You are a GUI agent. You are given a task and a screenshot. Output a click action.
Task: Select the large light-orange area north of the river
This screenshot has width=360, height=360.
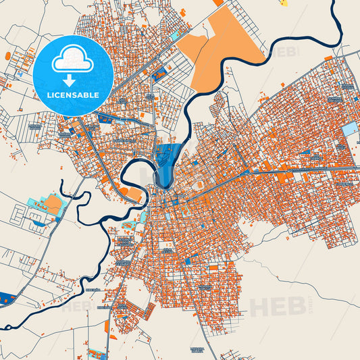point(226,51)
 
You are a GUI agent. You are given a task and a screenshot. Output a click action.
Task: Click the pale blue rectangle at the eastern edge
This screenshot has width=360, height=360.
point(349,128)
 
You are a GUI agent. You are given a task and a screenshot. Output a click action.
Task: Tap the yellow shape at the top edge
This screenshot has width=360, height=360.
point(284,3)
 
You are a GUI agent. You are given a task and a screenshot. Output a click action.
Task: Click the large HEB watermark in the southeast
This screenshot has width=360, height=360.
point(278,306)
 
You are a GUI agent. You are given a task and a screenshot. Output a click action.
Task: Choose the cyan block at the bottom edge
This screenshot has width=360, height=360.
point(98,353)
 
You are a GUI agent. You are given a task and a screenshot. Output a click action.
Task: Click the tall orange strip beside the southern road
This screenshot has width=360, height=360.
point(107,328)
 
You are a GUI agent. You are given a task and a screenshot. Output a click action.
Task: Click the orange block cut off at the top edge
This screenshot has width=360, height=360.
point(217,3)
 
